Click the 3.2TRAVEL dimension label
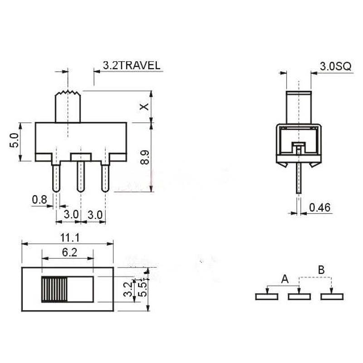131,65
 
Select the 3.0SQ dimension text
335,66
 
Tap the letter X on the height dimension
144,107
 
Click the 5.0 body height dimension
14,141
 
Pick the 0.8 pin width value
39,199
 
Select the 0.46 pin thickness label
320,208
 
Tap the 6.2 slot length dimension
69,253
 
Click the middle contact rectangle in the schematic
299,296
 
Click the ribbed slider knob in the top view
54,289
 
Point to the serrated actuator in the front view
68,106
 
